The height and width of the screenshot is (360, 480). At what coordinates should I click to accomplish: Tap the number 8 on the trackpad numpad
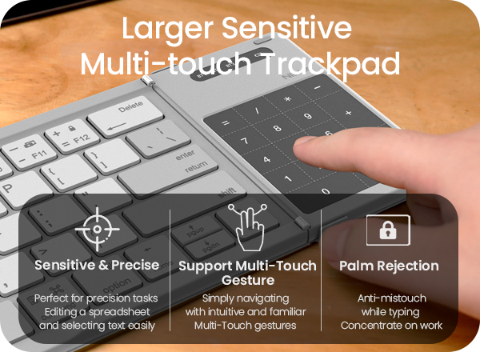(277, 128)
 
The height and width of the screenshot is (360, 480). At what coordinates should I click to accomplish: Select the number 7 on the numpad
(245, 142)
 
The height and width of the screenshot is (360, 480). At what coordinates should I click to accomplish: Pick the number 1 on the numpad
(290, 178)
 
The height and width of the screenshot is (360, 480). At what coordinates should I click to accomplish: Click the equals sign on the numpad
(225, 123)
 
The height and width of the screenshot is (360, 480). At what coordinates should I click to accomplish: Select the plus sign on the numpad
(348, 113)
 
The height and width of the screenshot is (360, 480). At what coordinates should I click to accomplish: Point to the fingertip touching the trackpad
(308, 145)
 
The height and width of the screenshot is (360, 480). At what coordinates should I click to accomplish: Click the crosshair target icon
(97, 230)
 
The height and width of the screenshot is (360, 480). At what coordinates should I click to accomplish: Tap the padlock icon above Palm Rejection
(388, 230)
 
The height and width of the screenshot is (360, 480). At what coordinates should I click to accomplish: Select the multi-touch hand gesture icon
(247, 227)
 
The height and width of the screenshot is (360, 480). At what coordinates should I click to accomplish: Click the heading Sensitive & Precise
(97, 265)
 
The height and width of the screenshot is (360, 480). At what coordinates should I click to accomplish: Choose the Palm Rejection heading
(389, 265)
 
